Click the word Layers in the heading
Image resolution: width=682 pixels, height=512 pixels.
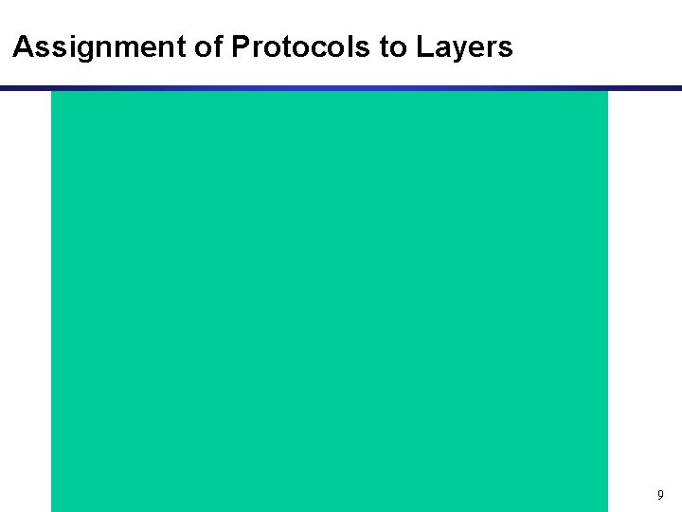click(x=464, y=47)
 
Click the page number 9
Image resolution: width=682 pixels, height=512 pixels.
click(x=660, y=495)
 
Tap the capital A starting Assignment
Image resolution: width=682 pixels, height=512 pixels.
click(x=24, y=47)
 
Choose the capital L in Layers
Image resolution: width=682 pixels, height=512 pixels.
click(x=422, y=47)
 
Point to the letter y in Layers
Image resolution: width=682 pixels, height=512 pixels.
click(x=456, y=50)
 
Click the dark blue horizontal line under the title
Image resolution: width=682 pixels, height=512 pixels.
click(x=341, y=88)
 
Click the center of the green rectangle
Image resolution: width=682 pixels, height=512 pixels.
click(x=329, y=302)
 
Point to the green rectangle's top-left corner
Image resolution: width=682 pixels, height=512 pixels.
click(x=52, y=92)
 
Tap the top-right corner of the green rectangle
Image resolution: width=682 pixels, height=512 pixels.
click(x=606, y=92)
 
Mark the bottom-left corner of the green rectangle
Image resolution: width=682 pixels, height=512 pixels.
click(x=52, y=510)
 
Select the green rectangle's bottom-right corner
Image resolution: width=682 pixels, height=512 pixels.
click(x=606, y=510)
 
